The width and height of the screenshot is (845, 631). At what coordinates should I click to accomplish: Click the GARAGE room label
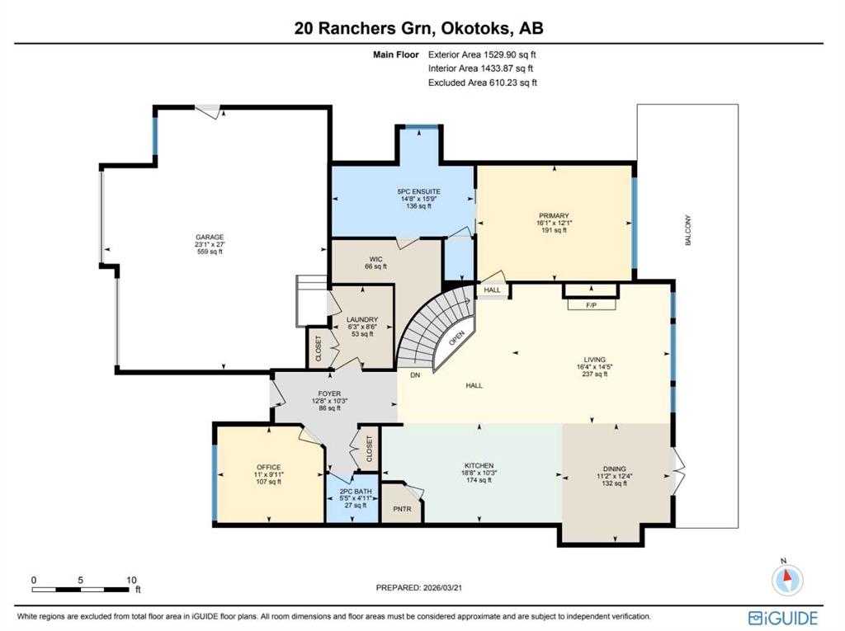pyautogui.click(x=210, y=237)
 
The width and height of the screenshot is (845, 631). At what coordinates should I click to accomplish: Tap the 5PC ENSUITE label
pyautogui.click(x=418, y=191)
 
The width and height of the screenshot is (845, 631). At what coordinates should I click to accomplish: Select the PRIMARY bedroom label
pyautogui.click(x=554, y=215)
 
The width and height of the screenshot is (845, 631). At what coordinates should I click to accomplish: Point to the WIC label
pyautogui.click(x=375, y=259)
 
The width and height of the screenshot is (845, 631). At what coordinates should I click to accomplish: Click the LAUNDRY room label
pyautogui.click(x=362, y=319)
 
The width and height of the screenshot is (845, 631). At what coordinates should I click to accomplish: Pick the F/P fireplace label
pyautogui.click(x=591, y=305)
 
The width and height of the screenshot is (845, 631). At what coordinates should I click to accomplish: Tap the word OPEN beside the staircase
pyautogui.click(x=456, y=338)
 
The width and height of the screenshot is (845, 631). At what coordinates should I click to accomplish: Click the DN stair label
pyautogui.click(x=415, y=375)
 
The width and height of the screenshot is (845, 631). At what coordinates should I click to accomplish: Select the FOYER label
pyautogui.click(x=329, y=394)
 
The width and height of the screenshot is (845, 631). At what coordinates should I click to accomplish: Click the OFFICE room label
pyautogui.click(x=268, y=467)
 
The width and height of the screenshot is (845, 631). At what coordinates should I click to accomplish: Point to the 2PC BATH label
pyautogui.click(x=355, y=492)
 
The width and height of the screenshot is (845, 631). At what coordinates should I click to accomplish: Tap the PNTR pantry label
pyautogui.click(x=402, y=509)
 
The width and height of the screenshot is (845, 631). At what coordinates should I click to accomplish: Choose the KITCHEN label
pyautogui.click(x=479, y=465)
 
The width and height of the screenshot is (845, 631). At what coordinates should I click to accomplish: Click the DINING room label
pyautogui.click(x=614, y=469)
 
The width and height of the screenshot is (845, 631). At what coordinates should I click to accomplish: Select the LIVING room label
pyautogui.click(x=594, y=360)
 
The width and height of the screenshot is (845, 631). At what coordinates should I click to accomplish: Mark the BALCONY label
pyautogui.click(x=687, y=231)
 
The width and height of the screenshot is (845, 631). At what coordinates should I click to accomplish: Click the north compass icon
pyautogui.click(x=787, y=579)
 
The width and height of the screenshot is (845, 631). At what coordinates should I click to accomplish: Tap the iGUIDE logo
pyautogui.click(x=783, y=618)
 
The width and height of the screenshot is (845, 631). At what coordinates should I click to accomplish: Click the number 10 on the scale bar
pyautogui.click(x=131, y=581)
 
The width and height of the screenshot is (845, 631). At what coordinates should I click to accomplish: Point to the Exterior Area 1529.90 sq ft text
pyautogui.click(x=482, y=54)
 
